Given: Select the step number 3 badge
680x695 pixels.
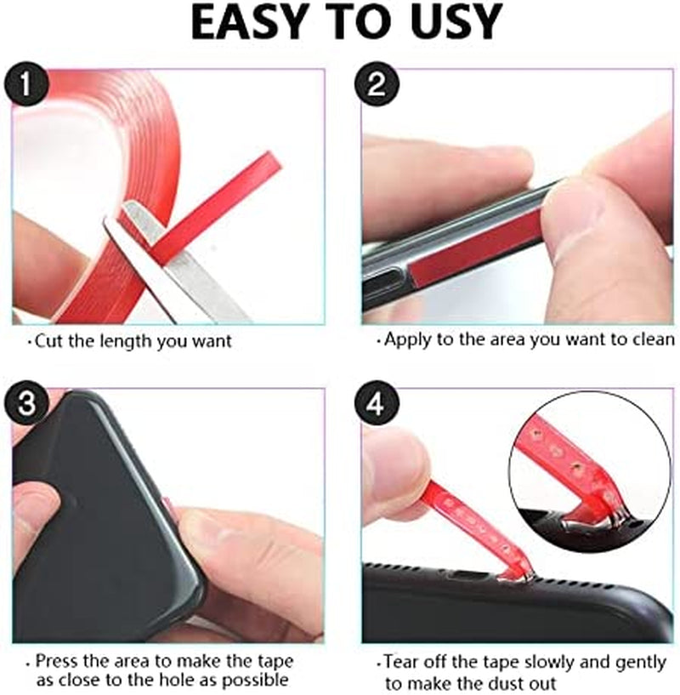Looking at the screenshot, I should click(28, 403).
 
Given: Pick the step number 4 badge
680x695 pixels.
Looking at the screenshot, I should click(376, 403).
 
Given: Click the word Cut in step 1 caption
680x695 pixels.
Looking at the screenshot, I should click(47, 341).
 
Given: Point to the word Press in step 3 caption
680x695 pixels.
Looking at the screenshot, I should click(55, 661).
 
